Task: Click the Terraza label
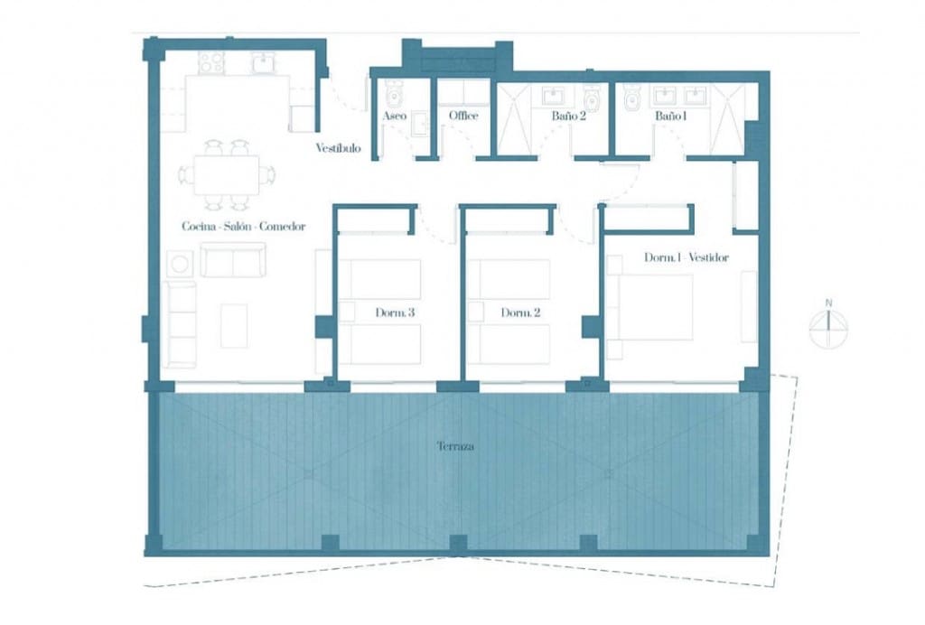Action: click(x=455, y=447)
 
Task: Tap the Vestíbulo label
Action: click(x=338, y=148)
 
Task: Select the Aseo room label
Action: click(x=394, y=117)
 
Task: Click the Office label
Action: click(x=463, y=117)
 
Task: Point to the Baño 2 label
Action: click(x=569, y=117)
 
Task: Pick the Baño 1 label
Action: click(x=671, y=117)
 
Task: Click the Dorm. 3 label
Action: click(x=395, y=313)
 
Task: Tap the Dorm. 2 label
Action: click(x=520, y=313)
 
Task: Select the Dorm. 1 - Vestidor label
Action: click(x=687, y=257)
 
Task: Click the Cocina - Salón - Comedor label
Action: click(x=243, y=227)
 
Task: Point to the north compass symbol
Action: click(x=828, y=328)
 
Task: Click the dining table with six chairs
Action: click(x=226, y=174)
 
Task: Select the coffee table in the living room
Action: click(x=234, y=325)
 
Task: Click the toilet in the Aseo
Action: click(x=394, y=93)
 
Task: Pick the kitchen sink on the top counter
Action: click(x=262, y=62)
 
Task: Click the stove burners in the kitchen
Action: click(x=211, y=62)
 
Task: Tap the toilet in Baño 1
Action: click(x=632, y=96)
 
